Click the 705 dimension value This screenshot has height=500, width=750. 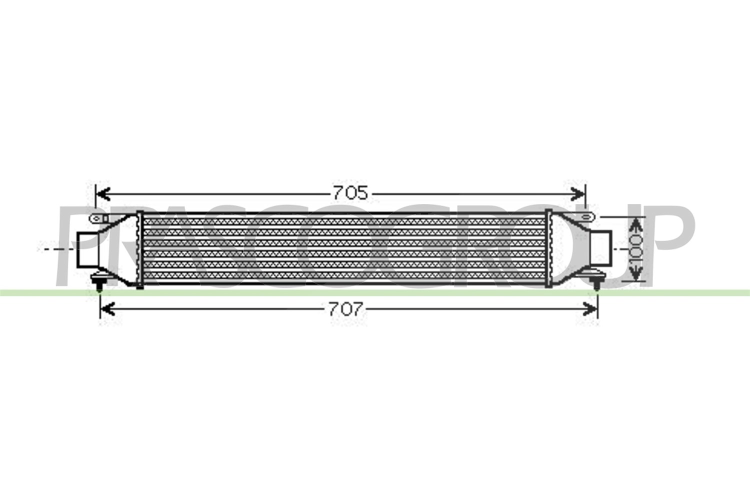pos(350,193)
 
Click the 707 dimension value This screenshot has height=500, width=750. pos(345,309)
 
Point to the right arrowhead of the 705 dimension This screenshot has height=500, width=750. pos(578,193)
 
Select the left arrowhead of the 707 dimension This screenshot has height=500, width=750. pos(107,309)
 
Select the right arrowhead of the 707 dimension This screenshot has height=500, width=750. pos(590,309)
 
